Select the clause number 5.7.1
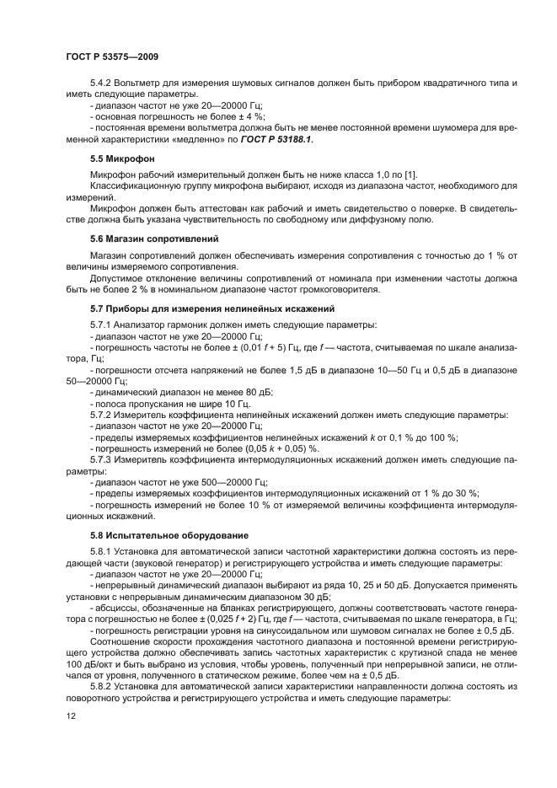101,324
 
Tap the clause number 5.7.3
101,459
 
